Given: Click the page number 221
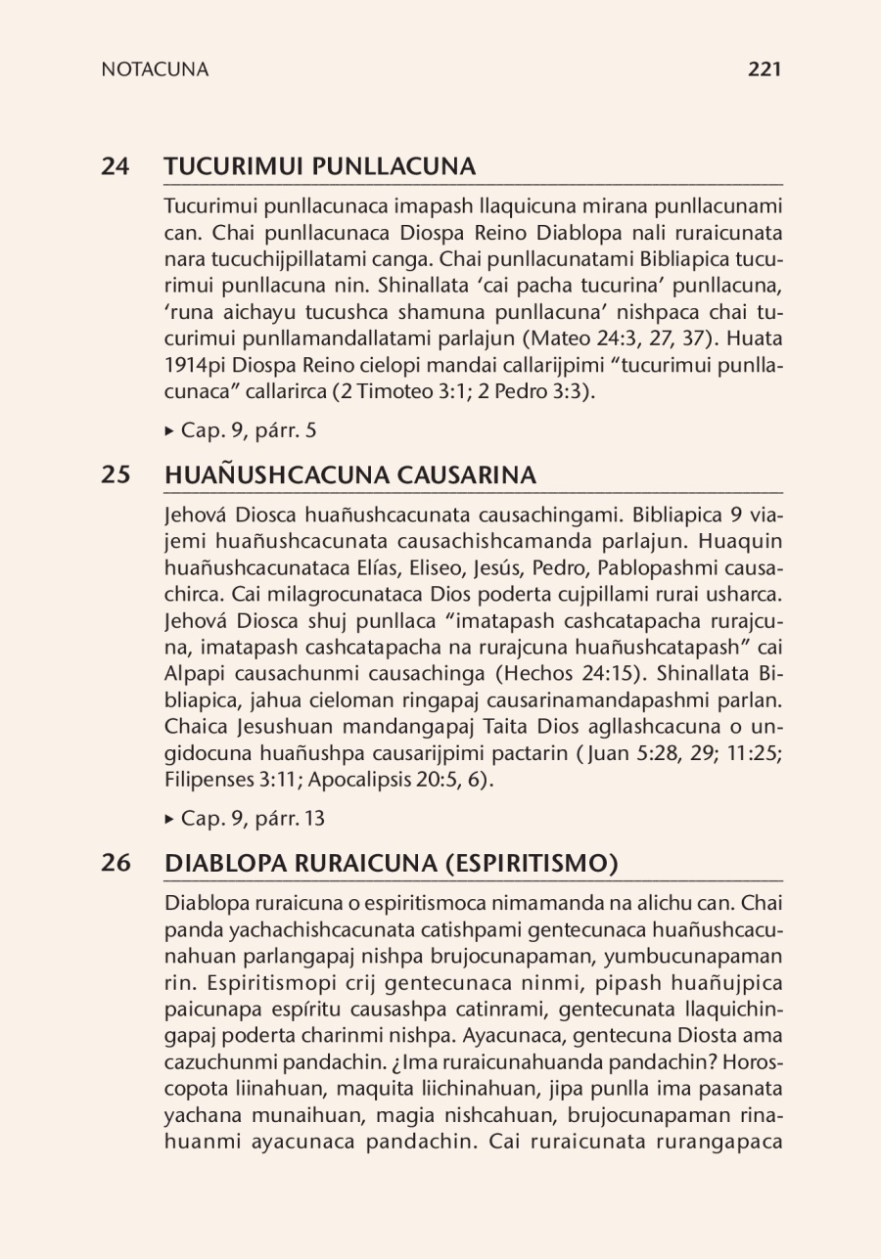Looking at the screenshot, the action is pos(764,69).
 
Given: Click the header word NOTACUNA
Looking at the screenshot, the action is pos(155,69).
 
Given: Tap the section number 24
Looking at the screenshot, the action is pos(116,166).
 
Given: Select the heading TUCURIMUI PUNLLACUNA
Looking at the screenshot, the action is pos(320,166).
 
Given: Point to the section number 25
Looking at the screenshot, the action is pos(116,475).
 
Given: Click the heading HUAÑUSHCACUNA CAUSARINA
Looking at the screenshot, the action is pos(350,475).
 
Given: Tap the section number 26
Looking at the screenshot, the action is pos(116,864).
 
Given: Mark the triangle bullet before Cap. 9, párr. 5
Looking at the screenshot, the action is pos(170,430).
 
